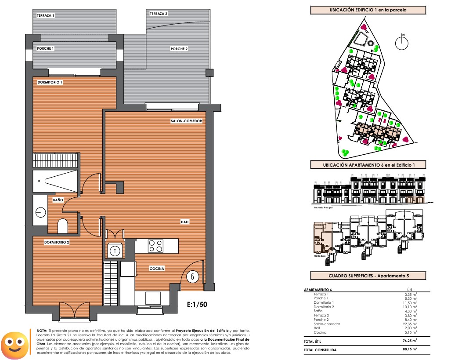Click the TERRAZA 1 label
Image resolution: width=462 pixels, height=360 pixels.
click(45, 16)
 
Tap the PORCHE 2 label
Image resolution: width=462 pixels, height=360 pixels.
click(179, 49)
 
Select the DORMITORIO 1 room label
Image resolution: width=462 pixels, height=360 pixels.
click(50, 82)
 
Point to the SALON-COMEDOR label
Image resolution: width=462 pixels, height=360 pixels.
click(186, 121)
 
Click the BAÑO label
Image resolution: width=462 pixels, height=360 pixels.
click(58, 200)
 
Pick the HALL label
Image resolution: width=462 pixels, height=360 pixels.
click(185, 222)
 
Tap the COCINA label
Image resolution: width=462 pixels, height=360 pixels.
click(157, 269)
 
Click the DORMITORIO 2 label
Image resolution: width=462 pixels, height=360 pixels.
click(56, 242)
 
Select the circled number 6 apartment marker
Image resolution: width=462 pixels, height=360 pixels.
click(193, 276)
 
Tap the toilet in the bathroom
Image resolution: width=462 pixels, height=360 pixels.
click(63, 226)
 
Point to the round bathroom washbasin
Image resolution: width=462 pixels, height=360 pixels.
click(41, 211)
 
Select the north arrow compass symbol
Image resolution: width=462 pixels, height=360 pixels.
click(402, 43)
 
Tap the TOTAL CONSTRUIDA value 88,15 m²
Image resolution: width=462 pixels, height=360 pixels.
click(410, 350)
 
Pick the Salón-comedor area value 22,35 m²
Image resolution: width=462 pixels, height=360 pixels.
click(410, 324)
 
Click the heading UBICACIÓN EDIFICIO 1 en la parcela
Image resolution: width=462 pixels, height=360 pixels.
click(368, 10)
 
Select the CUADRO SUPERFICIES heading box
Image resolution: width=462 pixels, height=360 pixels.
click(368, 276)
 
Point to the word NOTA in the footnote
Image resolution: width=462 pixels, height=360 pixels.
click(42, 330)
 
